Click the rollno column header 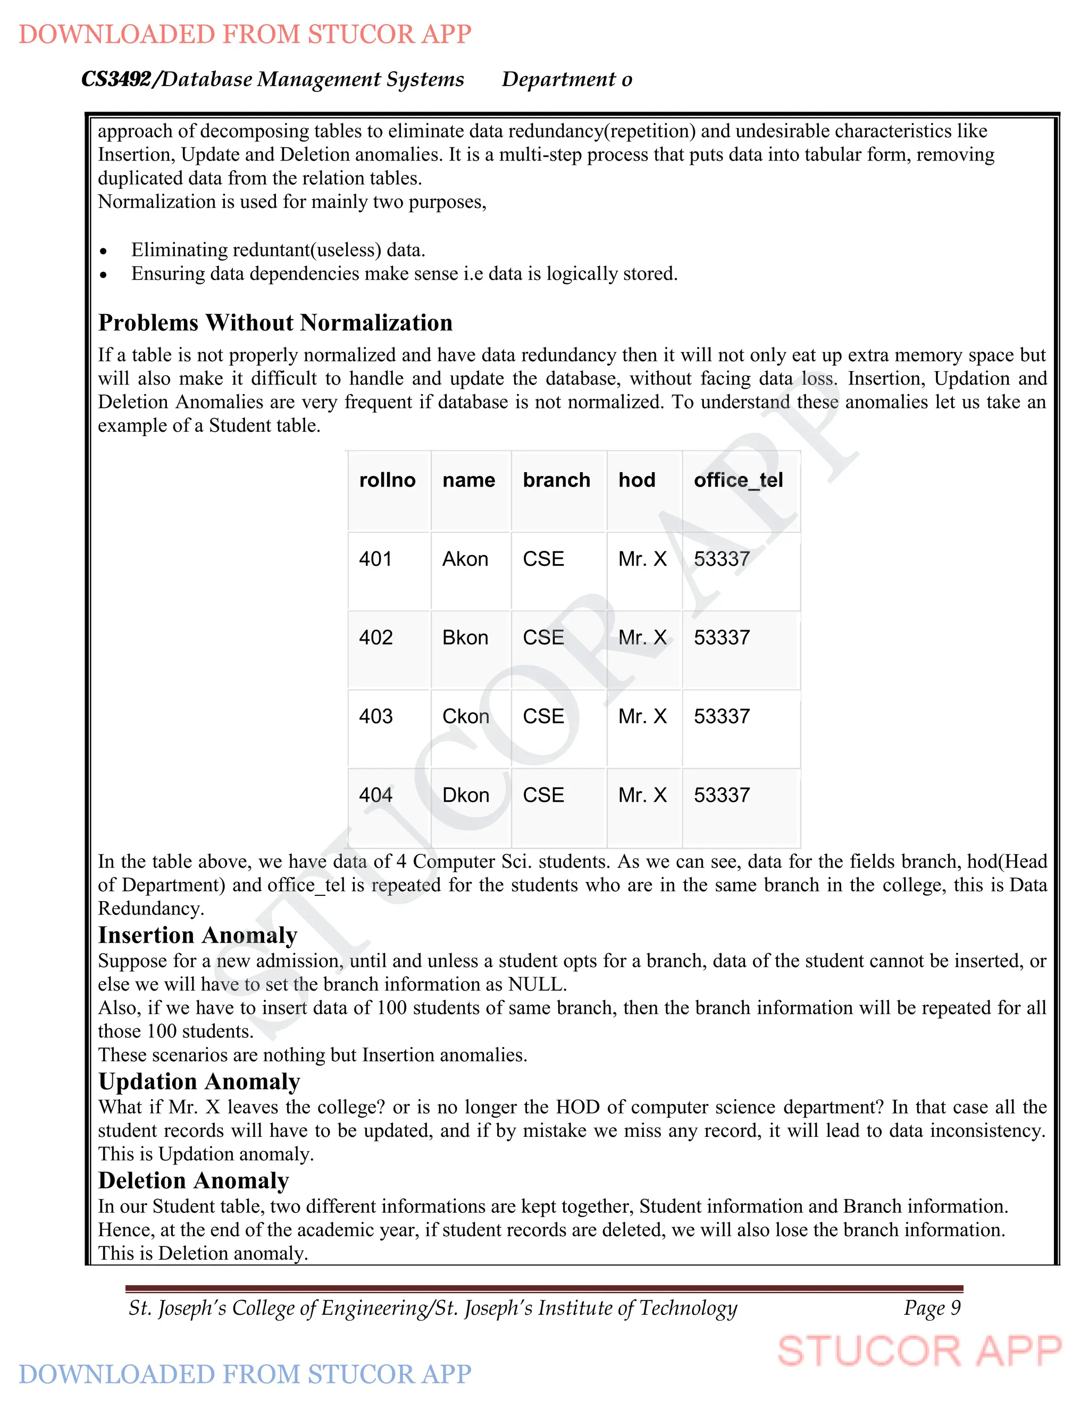[387, 480]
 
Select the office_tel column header [738, 480]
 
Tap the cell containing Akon [465, 559]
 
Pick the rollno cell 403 [375, 716]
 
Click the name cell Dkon [465, 795]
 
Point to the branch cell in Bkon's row [543, 638]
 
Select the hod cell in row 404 [642, 795]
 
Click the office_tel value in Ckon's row [721, 716]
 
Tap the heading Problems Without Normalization [275, 323]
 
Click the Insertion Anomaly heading [197, 935]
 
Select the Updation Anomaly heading [199, 1081]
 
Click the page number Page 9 [932, 1308]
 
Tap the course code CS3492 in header [116, 79]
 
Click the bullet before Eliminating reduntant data [103, 251]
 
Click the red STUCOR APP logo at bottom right [919, 1352]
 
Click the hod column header [636, 480]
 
